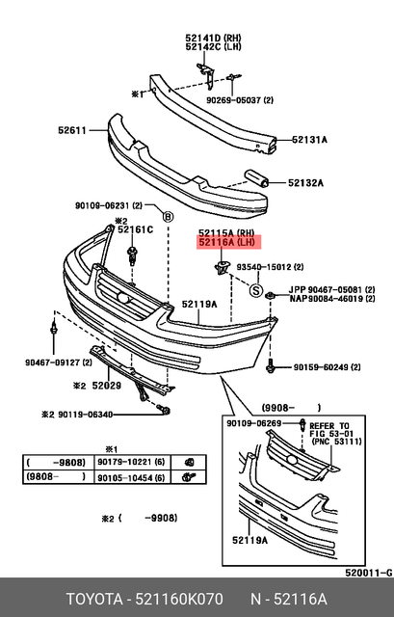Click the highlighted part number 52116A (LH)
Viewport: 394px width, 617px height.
tap(226, 245)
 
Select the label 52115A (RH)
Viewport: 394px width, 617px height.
tap(226, 233)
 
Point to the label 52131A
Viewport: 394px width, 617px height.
tap(309, 140)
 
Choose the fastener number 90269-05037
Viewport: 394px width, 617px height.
tap(240, 98)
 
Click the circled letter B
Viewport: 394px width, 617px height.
tap(168, 217)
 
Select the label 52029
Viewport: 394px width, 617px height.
tap(106, 386)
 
